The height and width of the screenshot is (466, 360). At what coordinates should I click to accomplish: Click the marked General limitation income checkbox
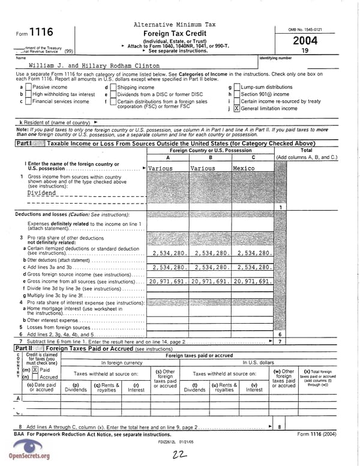coord(236,109)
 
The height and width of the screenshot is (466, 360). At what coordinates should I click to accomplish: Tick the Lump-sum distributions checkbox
coord(236,87)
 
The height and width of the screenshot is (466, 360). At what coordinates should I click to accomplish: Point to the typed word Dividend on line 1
coord(42,193)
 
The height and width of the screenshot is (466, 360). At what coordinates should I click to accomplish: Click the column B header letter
coord(210,157)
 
